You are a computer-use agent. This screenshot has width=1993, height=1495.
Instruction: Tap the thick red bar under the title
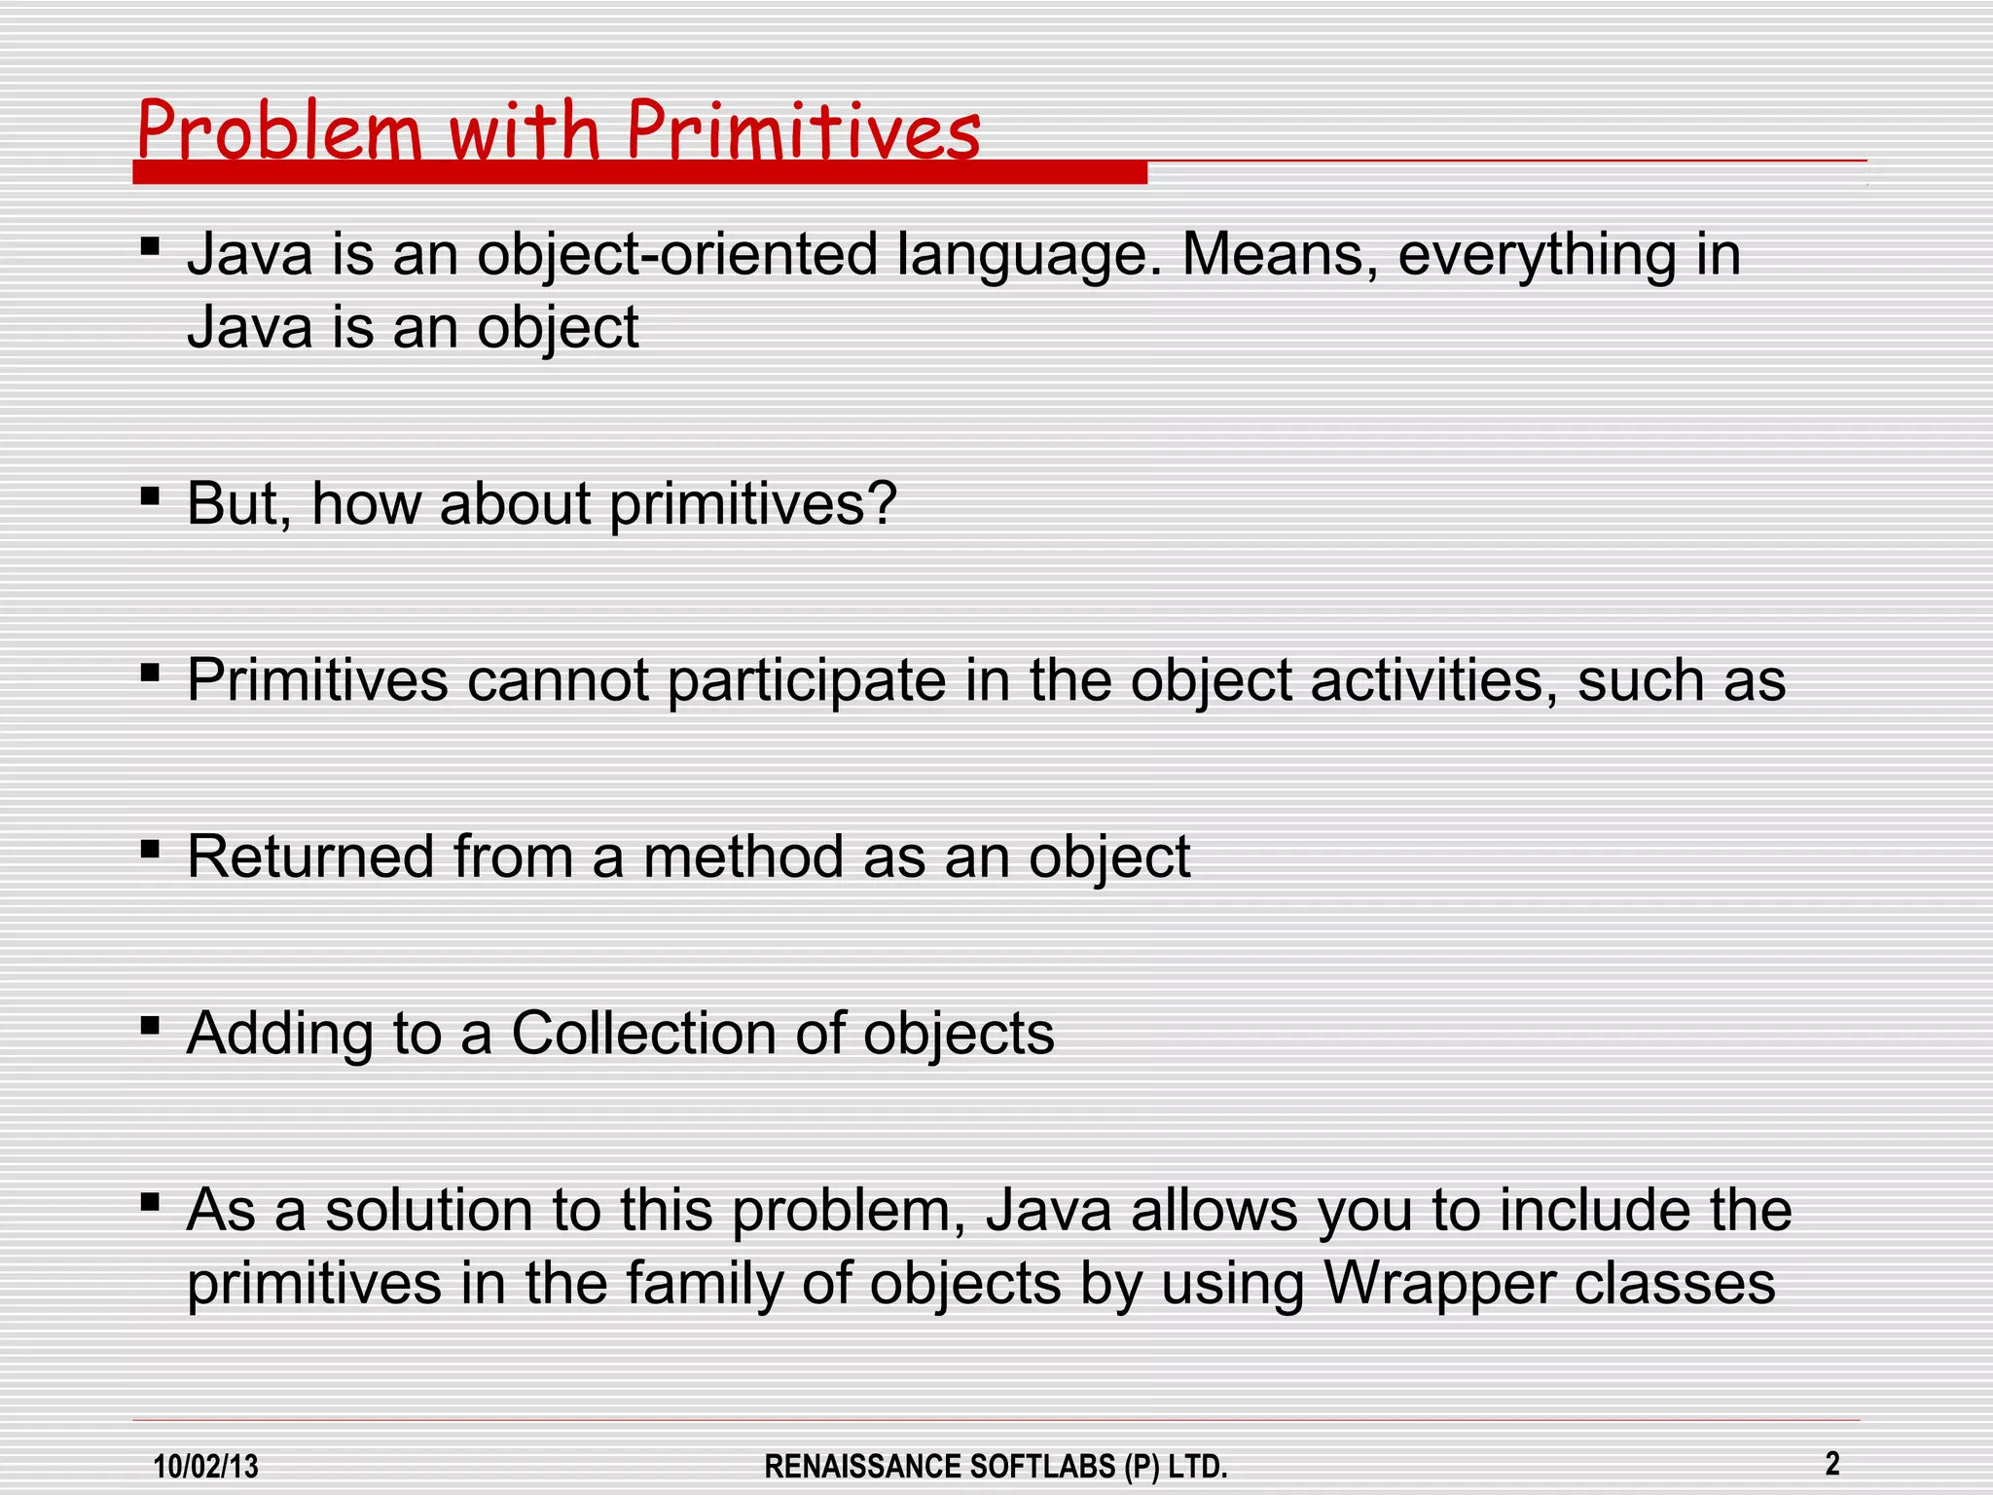tap(639, 173)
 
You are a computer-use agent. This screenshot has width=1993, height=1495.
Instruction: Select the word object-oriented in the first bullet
tap(677, 255)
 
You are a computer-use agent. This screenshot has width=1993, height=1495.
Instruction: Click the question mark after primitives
tap(879, 503)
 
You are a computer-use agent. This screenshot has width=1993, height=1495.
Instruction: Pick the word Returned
tap(310, 857)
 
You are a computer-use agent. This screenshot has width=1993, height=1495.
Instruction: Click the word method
tap(743, 857)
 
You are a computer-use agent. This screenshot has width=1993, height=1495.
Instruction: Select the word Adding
tap(279, 1033)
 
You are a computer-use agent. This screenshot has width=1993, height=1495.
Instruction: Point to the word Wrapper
tap(1439, 1283)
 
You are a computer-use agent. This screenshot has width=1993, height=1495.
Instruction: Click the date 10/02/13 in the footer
tap(206, 1466)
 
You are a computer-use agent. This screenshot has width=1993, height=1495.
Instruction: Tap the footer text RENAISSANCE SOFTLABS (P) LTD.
tap(996, 1466)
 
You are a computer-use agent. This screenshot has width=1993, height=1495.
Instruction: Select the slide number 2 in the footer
tap(1832, 1463)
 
